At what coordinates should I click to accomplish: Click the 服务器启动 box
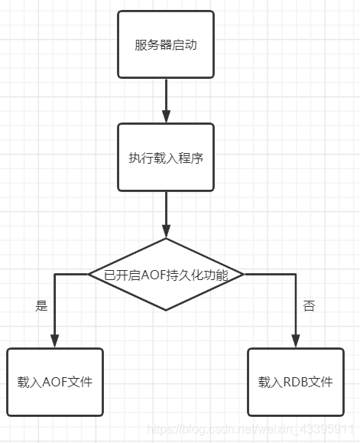coord(166,44)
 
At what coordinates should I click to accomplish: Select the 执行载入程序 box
coord(166,157)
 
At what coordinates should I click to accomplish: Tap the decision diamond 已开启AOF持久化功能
coord(166,275)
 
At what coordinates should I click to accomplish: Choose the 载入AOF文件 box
coord(55,382)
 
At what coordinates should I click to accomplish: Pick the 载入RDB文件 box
coord(296,382)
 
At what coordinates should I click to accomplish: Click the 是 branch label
coord(41,306)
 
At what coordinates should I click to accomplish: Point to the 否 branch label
coord(309,306)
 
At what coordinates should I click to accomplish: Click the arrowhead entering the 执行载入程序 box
coord(166,116)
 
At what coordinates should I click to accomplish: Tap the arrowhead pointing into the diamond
coord(166,231)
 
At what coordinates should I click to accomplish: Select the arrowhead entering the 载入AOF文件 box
coord(55,341)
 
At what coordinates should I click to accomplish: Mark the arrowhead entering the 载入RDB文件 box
coord(296,341)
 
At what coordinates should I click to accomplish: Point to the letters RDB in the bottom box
coord(295,382)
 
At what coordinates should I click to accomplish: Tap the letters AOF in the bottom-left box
coord(55,382)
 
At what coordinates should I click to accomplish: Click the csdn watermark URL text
coord(250,429)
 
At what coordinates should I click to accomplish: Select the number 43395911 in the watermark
coord(326,429)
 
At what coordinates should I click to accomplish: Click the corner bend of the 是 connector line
coord(55,275)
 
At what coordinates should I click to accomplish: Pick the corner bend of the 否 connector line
coord(296,275)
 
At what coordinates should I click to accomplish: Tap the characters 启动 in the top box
coord(184,44)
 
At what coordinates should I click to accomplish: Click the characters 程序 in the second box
coord(191,158)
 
